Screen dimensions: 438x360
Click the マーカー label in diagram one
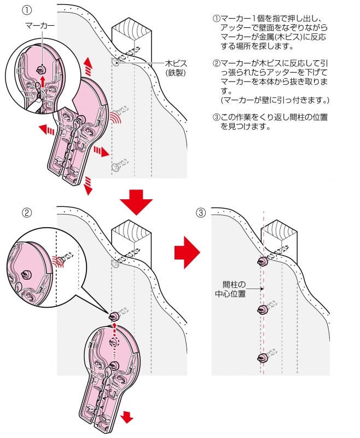pos(39,26)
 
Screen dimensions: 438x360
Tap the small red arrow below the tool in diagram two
pos(127,418)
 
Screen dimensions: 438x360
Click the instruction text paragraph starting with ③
pos(271,121)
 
